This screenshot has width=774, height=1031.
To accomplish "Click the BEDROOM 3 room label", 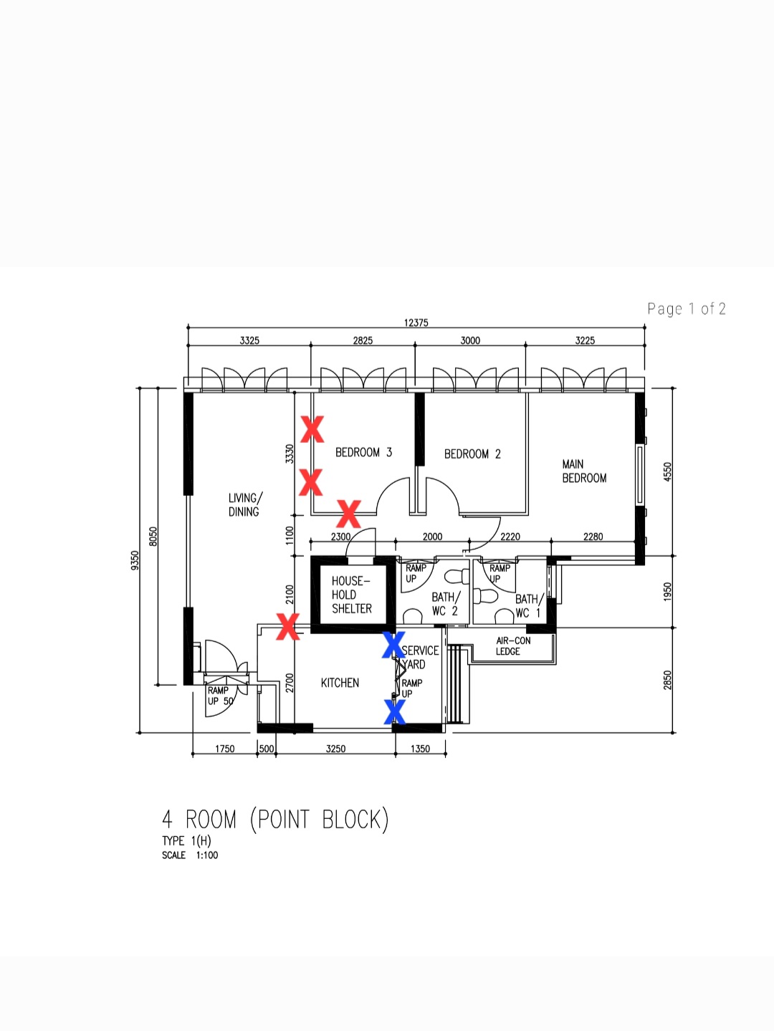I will click(x=363, y=452).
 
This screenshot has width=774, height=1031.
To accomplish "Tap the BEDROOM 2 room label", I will click(x=472, y=454).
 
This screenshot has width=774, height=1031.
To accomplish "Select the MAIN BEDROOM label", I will click(x=584, y=471).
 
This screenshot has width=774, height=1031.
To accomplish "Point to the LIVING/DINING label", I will click(x=245, y=504).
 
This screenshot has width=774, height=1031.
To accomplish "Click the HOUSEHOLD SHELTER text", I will click(x=351, y=595).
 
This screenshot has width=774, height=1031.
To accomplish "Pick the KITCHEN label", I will click(x=340, y=683).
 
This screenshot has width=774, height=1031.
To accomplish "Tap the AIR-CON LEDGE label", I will click(x=513, y=646).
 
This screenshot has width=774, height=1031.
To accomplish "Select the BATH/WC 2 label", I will click(x=446, y=604).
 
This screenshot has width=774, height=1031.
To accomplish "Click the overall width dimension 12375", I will click(x=416, y=322).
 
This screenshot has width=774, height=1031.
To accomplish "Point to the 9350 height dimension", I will click(x=135, y=560).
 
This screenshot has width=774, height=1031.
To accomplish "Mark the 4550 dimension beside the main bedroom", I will click(x=667, y=471).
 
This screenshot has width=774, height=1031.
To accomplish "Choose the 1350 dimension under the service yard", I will click(x=420, y=749).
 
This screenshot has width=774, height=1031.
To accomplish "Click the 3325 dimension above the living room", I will click(x=249, y=340).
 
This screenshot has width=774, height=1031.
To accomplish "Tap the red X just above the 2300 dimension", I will click(x=348, y=514).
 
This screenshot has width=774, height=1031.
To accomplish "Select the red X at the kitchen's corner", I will click(x=287, y=626).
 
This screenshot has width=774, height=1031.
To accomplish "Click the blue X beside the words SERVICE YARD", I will click(x=393, y=645).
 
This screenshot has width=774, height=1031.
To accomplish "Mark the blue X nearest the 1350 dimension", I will click(x=394, y=711).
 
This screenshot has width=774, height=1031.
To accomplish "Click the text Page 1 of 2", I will click(x=687, y=309).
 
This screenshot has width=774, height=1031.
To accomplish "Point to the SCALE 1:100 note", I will click(x=190, y=855).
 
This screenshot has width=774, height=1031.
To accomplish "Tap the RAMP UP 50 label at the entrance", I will click(x=220, y=696).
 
